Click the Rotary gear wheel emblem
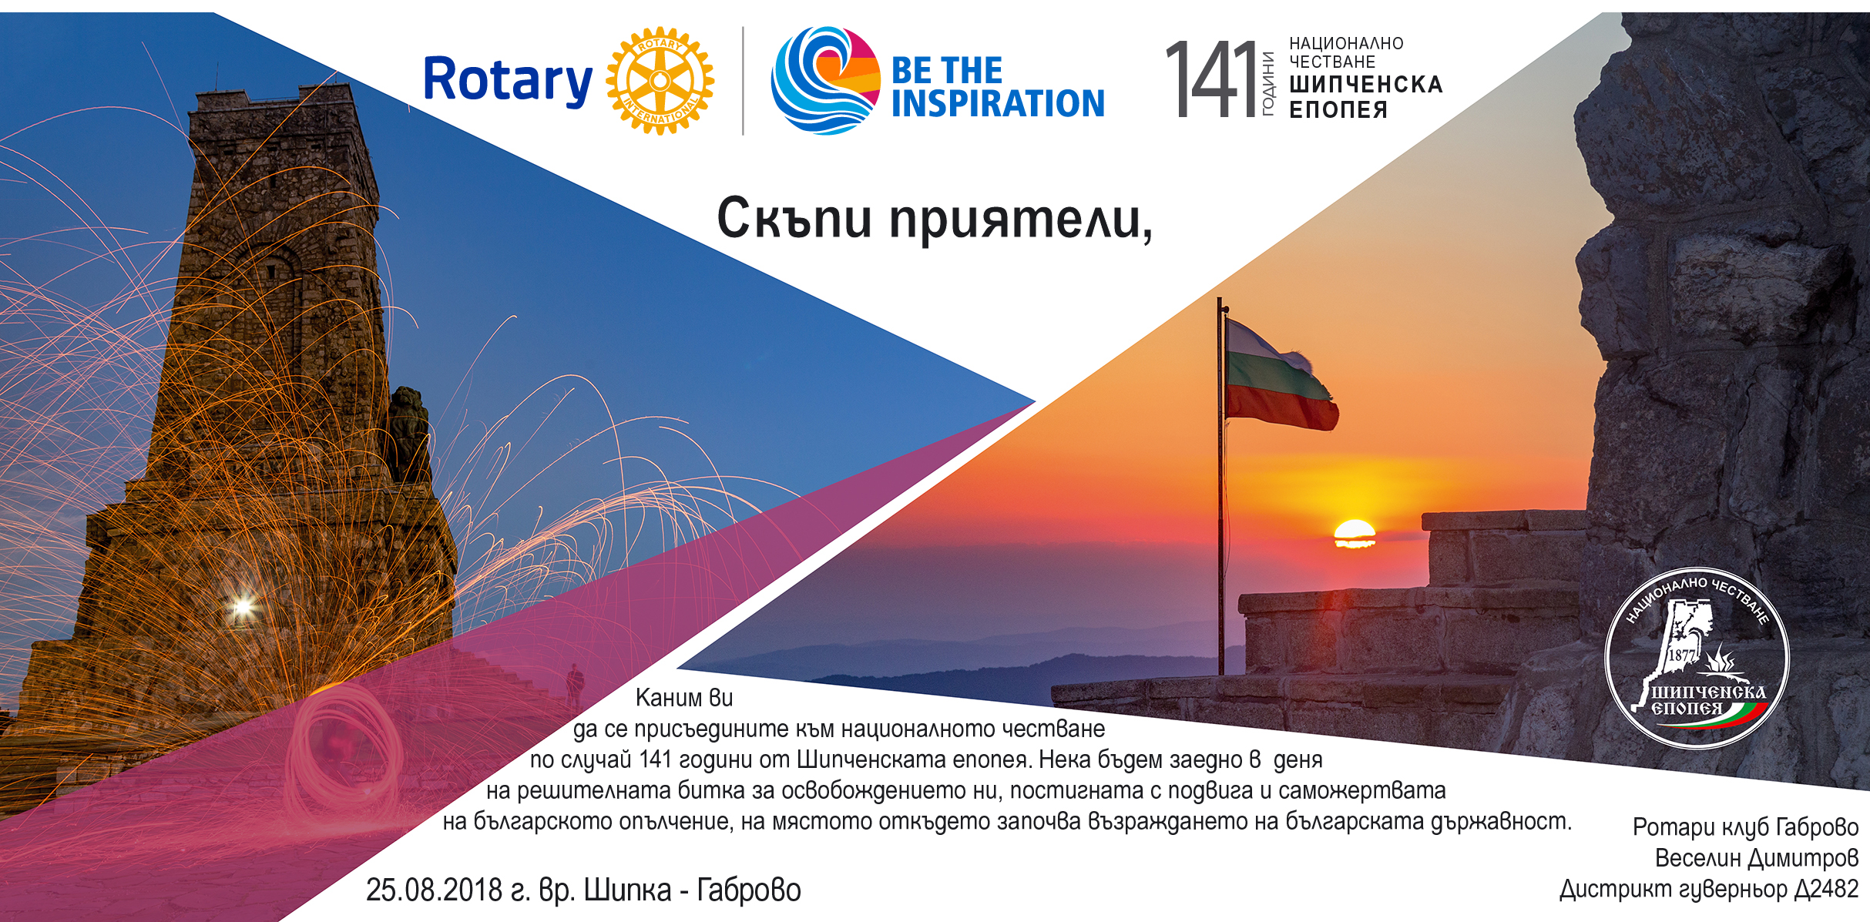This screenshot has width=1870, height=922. click(x=660, y=81)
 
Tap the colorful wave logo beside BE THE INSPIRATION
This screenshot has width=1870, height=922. click(x=825, y=80)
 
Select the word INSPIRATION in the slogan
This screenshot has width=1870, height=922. click(x=998, y=103)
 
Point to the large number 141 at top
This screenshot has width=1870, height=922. click(x=1211, y=79)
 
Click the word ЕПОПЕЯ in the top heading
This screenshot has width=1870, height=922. click(x=1338, y=110)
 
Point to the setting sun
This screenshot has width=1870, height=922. click(x=1354, y=533)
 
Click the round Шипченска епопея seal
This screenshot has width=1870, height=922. click(x=1697, y=658)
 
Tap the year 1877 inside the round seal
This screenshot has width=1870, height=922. click(x=1681, y=655)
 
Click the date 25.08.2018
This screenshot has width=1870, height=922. click(x=435, y=890)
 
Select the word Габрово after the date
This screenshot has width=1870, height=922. click(x=749, y=890)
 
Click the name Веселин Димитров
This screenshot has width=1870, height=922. click(x=1757, y=858)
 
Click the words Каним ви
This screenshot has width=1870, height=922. click(x=684, y=698)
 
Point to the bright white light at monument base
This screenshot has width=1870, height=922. click(x=243, y=607)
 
